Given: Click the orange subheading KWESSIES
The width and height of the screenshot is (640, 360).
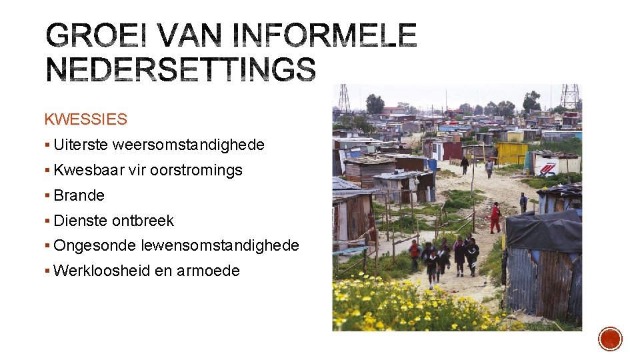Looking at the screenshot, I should point(85,119).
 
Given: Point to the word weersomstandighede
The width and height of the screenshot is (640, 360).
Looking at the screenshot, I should point(189,145).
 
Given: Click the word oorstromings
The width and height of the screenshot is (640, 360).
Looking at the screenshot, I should point(196,170).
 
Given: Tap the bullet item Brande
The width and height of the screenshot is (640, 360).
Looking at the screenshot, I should point(79,195).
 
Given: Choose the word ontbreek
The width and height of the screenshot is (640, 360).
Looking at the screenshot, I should point(143,221).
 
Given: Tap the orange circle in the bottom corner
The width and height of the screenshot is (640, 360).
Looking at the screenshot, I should point(610,339).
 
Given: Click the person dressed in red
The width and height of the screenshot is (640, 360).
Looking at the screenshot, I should point(495,218).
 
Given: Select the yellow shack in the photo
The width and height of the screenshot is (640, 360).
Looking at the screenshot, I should point(511,152).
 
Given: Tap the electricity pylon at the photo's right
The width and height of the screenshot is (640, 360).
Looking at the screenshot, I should point(569,97).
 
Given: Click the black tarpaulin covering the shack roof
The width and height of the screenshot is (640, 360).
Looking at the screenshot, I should point(543,230).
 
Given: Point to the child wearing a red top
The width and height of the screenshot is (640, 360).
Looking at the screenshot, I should point(415,250).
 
